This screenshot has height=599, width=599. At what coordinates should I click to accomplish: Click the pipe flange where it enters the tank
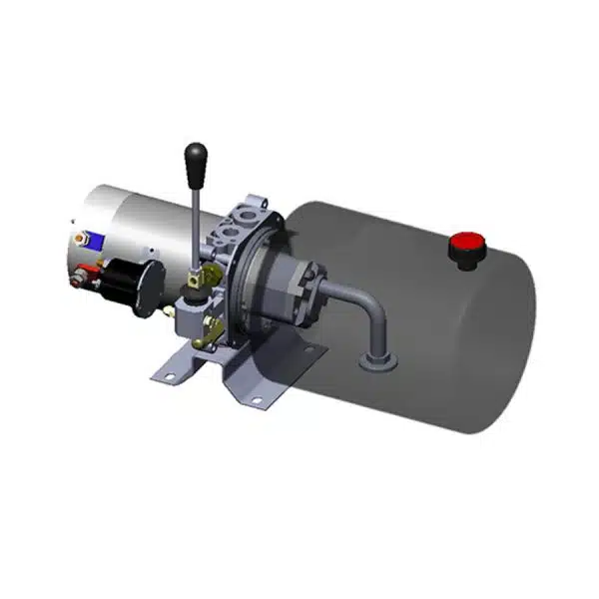click(377, 357)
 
